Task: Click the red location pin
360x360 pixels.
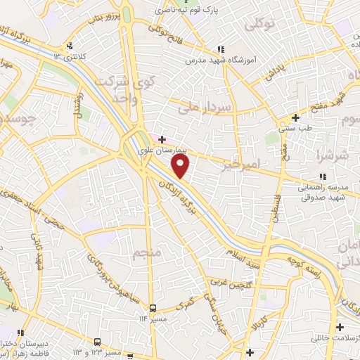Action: click(181, 166)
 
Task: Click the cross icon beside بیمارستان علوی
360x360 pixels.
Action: click(162, 140)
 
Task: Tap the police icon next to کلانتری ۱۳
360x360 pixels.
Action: click(69, 47)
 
